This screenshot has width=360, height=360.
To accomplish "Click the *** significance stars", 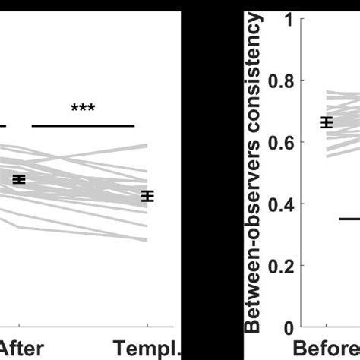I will point(82,109).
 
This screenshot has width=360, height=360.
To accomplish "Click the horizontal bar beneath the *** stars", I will point(83,125).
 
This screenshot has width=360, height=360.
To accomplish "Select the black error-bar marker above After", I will point(19,179).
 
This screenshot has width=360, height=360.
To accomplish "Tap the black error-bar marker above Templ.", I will point(147,196).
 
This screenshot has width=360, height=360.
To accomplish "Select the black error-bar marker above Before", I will point(327,122).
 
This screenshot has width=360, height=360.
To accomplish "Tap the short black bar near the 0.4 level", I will point(349,219).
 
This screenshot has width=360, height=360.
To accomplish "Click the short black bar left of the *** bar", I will point(3,125).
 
